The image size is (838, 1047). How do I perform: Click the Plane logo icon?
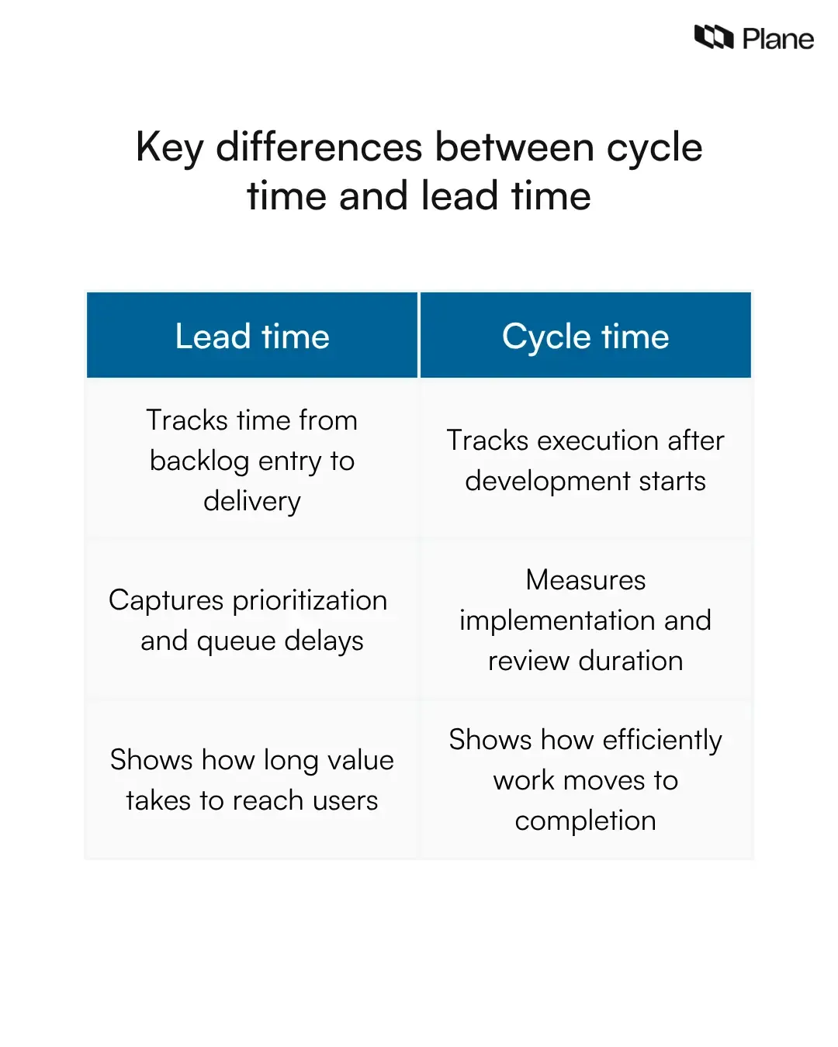point(714,36)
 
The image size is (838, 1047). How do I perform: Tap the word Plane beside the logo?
point(777,39)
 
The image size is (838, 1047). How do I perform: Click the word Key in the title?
point(169,147)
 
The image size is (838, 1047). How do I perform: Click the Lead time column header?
point(252,337)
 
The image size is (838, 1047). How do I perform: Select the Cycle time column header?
point(585,337)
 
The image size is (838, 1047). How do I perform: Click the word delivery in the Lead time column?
point(252,502)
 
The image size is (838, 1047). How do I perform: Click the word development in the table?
point(548,482)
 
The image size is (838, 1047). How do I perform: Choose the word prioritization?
point(310,600)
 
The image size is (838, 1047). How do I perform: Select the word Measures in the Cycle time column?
point(585,580)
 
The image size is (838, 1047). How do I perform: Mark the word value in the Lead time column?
point(361,760)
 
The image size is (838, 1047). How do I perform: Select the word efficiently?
point(662,741)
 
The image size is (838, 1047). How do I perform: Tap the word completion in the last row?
point(585,821)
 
